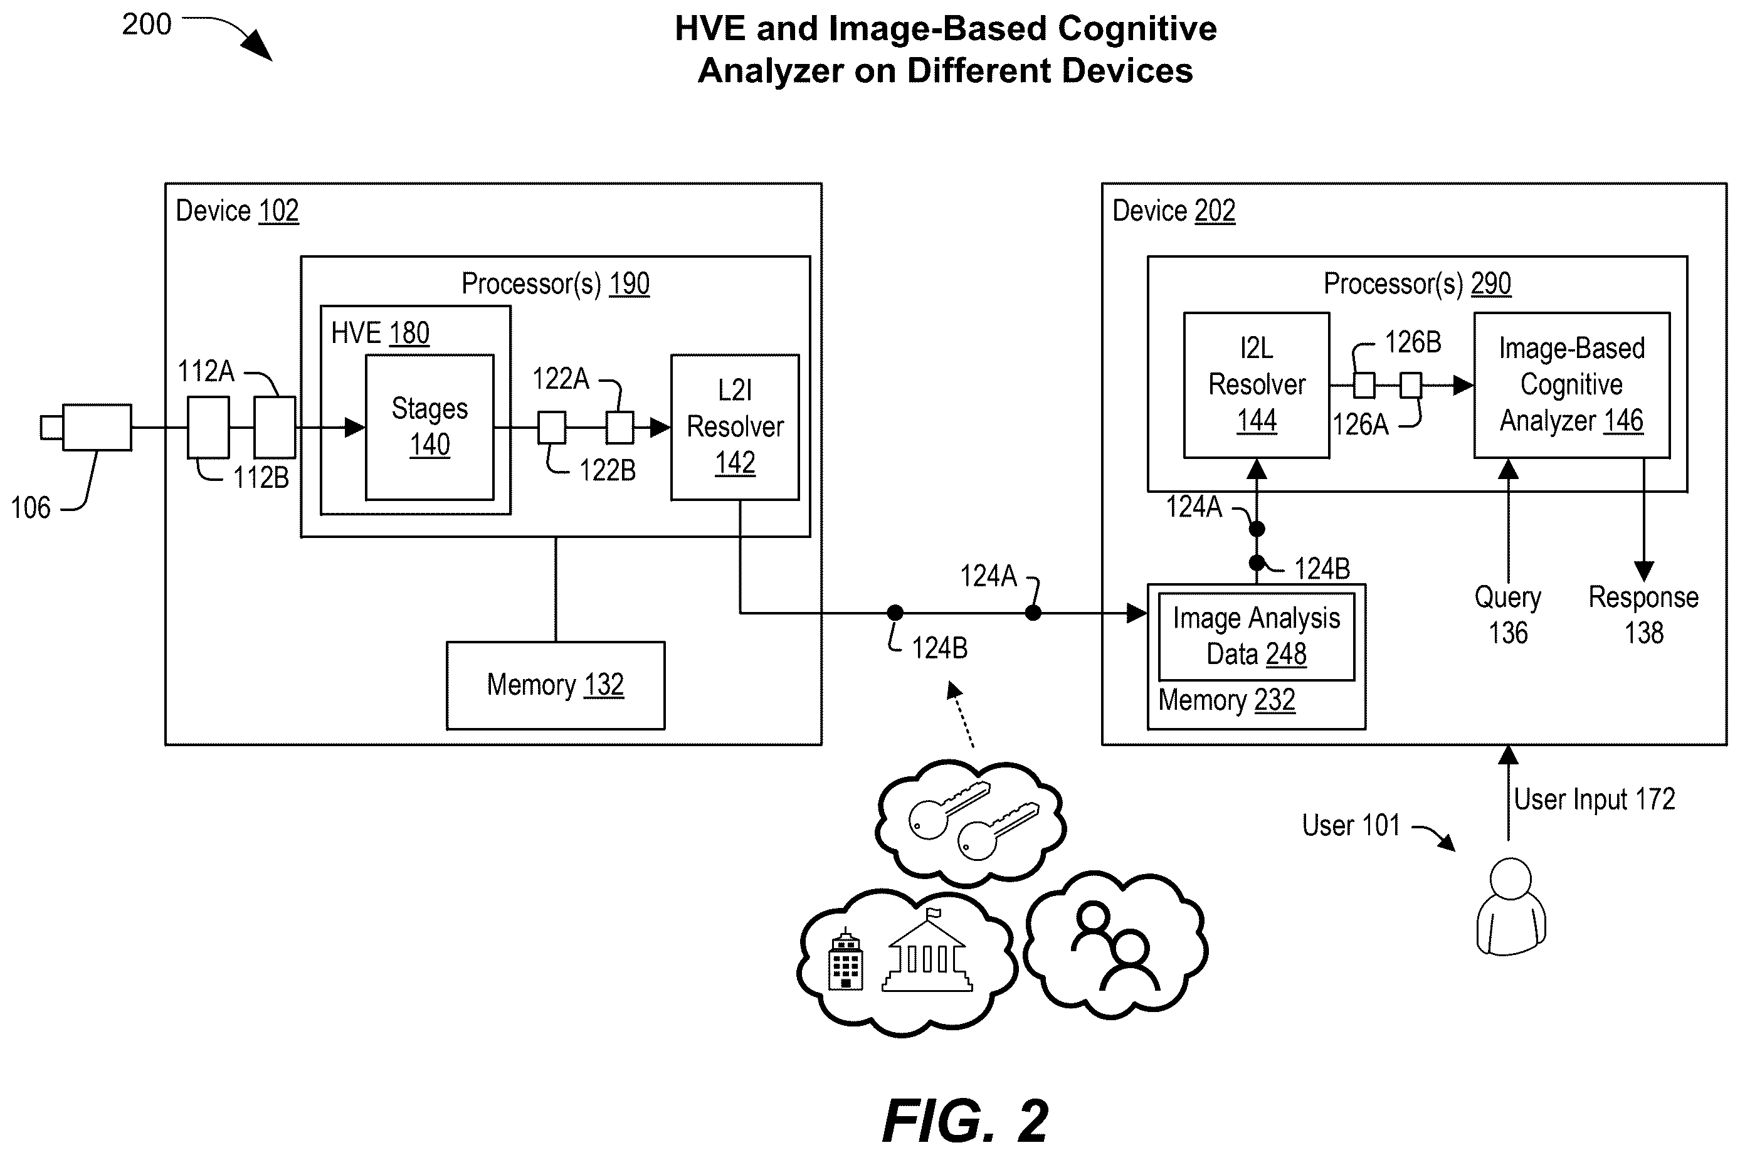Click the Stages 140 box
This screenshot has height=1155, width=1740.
pyautogui.click(x=430, y=427)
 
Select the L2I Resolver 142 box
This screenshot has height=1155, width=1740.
pyautogui.click(x=734, y=427)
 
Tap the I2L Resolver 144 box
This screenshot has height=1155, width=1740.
pyautogui.click(x=1256, y=385)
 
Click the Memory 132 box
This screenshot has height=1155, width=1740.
pyautogui.click(x=556, y=685)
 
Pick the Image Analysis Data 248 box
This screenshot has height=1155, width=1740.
pyautogui.click(x=1256, y=636)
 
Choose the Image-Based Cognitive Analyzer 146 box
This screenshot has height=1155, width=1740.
pyautogui.click(x=1571, y=385)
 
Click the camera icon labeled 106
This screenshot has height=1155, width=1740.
pyautogui.click(x=86, y=427)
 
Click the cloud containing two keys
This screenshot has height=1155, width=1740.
pyautogui.click(x=971, y=823)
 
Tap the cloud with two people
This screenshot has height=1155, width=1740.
pyautogui.click(x=1115, y=946)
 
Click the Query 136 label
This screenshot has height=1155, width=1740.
pyautogui.click(x=1507, y=614)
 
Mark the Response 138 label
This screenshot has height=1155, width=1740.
pyautogui.click(x=1643, y=614)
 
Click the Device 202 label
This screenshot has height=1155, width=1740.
pyautogui.click(x=1174, y=211)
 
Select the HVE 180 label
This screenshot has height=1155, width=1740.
pyautogui.click(x=380, y=333)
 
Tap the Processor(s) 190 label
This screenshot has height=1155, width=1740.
pyautogui.click(x=556, y=283)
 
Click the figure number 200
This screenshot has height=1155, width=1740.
pyautogui.click(x=147, y=24)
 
